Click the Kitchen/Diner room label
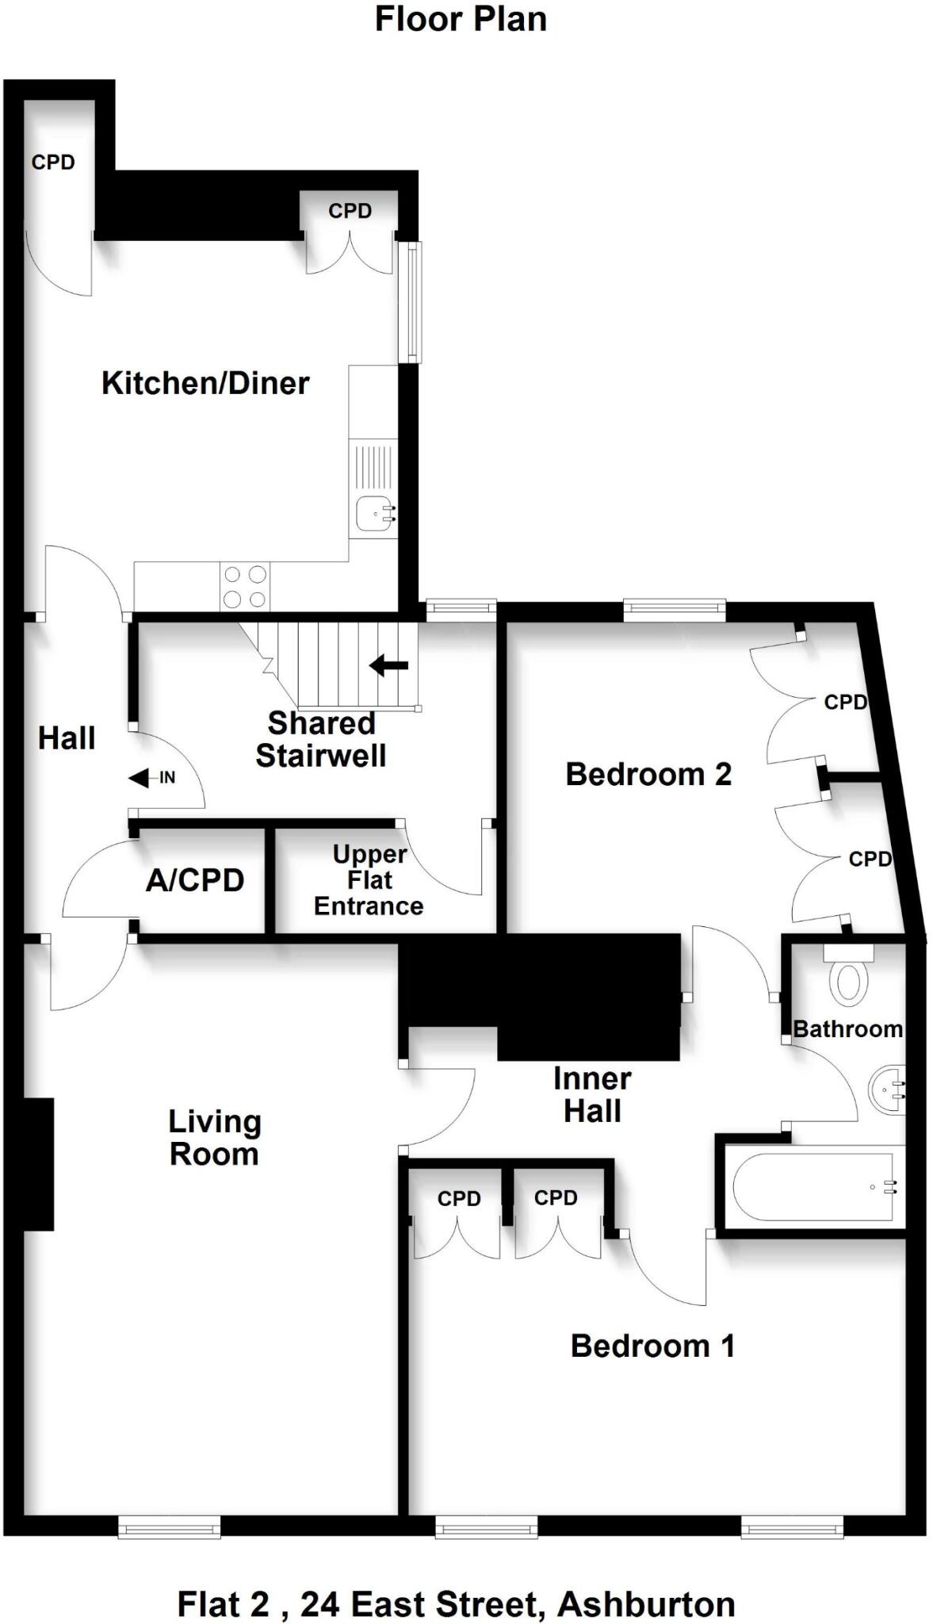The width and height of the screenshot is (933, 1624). click(x=205, y=384)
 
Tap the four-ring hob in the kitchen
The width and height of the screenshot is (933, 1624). click(x=244, y=587)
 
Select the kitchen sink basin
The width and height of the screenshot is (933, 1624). click(x=373, y=514)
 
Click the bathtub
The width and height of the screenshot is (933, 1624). click(x=814, y=1187)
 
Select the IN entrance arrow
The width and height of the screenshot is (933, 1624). click(x=151, y=779)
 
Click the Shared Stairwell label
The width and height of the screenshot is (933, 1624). click(x=321, y=739)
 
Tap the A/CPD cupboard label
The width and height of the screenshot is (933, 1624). click(x=195, y=880)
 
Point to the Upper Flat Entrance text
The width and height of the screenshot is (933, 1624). click(x=369, y=880)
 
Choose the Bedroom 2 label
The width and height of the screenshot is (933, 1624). click(x=648, y=774)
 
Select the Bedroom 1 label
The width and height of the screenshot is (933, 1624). click(x=652, y=1346)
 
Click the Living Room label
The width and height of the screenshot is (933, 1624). click(x=214, y=1138)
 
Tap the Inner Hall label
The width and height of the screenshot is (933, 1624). click(x=592, y=1094)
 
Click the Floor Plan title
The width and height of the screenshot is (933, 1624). click(x=461, y=20)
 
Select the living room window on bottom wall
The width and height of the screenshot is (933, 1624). click(x=170, y=1526)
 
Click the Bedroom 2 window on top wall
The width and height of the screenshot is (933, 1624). click(x=675, y=610)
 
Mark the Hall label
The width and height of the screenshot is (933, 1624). click(x=67, y=738)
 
